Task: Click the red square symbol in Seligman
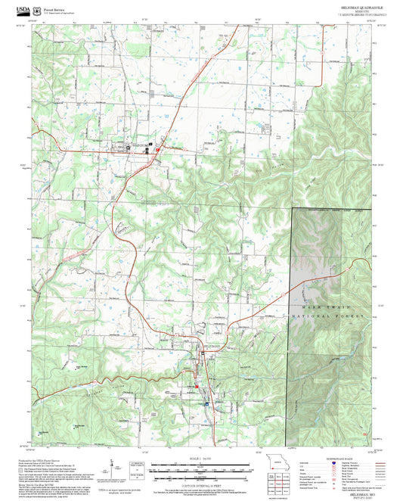pyautogui.click(x=197, y=385)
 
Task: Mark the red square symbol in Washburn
pyautogui.click(x=157, y=149)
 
